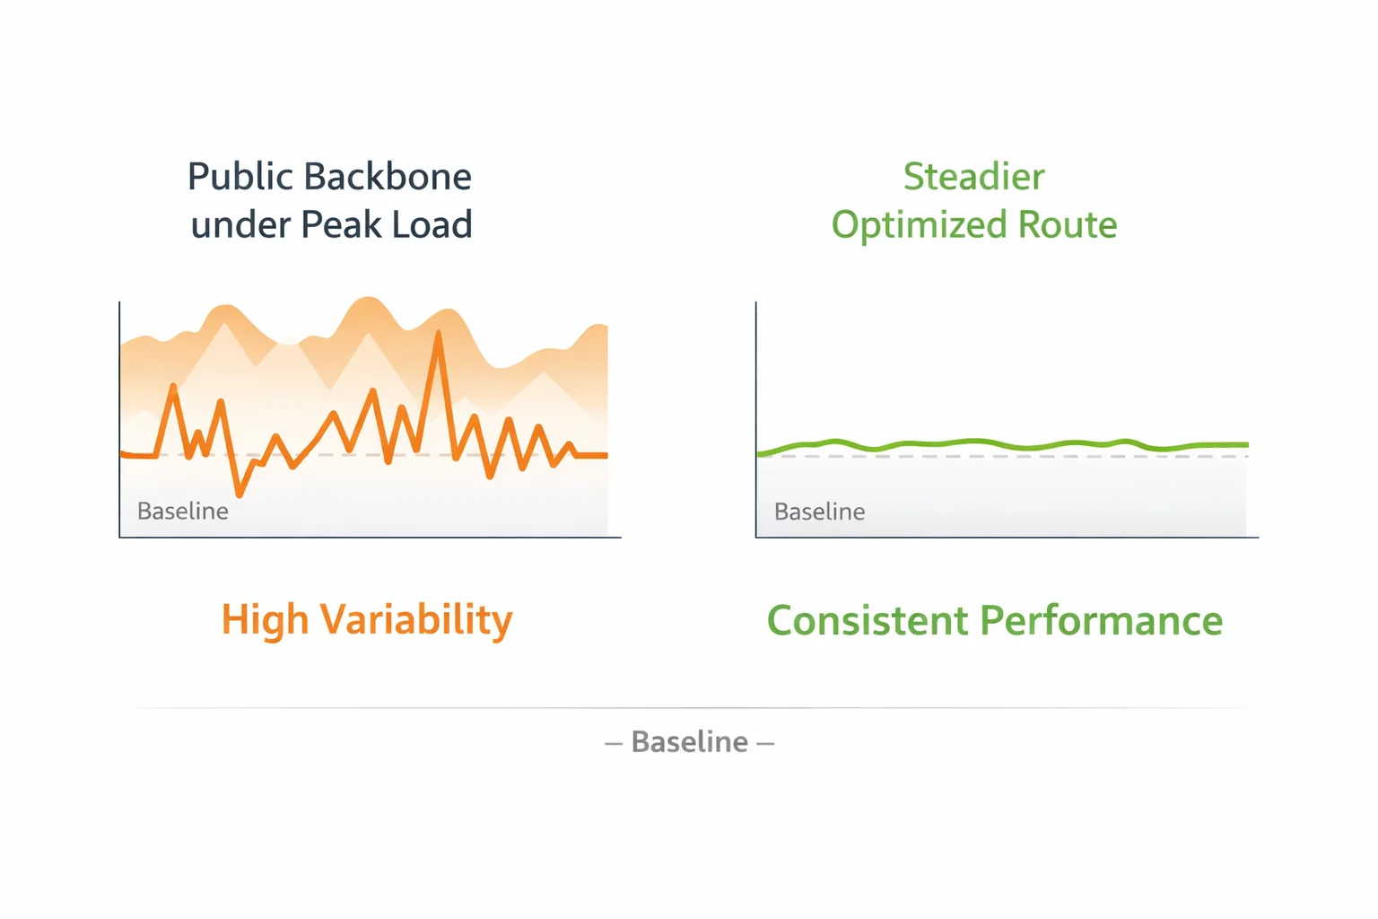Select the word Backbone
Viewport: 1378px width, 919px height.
[388, 177]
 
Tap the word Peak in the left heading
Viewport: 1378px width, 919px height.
[341, 224]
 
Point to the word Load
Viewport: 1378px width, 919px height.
[432, 224]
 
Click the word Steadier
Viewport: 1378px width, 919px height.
[973, 177]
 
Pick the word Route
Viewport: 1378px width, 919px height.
[1068, 224]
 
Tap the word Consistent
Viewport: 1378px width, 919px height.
[868, 620]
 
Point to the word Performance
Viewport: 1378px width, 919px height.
[1101, 620]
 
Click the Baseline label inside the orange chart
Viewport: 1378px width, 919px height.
[183, 512]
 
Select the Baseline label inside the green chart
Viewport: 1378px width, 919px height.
[819, 512]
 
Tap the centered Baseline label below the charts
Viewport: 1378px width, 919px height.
[690, 741]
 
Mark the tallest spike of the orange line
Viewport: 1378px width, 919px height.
[438, 333]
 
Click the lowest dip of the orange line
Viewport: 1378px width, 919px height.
[240, 494]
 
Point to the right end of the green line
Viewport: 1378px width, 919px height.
[1248, 444]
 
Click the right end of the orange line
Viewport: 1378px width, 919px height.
[606, 456]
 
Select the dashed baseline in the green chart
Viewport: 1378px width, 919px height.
[1003, 457]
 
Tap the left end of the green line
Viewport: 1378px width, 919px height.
[758, 454]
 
